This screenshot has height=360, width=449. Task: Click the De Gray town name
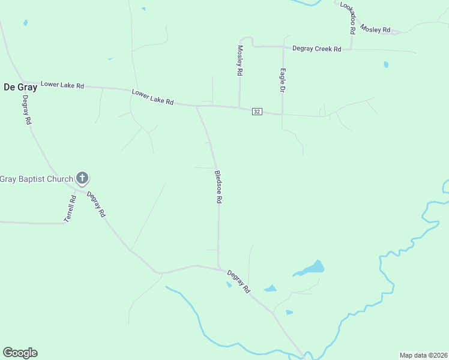point(20,87)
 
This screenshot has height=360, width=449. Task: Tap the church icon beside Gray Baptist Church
point(82,178)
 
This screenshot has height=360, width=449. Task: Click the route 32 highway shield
point(257,112)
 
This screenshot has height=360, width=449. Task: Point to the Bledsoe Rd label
point(219,187)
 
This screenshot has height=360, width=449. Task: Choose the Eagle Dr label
point(282,80)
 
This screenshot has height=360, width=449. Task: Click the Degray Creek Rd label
point(317,49)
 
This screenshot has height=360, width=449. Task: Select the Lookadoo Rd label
point(349,17)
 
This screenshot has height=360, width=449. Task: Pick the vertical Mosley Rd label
point(240,60)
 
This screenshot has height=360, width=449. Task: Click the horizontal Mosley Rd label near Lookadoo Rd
point(375,30)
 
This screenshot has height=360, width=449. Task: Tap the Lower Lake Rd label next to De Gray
point(62,85)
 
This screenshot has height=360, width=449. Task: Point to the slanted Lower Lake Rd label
point(152,97)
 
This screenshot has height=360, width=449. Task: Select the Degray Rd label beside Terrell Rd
point(96,203)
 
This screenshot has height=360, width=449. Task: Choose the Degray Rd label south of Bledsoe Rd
point(239,281)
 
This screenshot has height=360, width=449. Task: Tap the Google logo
point(20,353)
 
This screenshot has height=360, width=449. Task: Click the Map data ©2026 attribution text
point(423,355)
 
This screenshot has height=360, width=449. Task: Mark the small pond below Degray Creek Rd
point(386,64)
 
